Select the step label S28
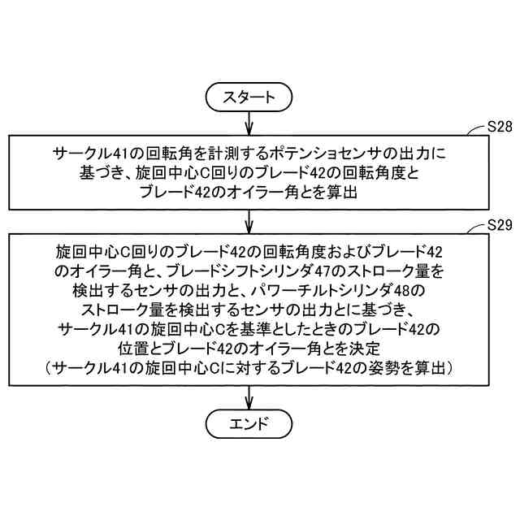pyautogui.click(x=499, y=127)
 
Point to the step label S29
pyautogui.click(x=499, y=224)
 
